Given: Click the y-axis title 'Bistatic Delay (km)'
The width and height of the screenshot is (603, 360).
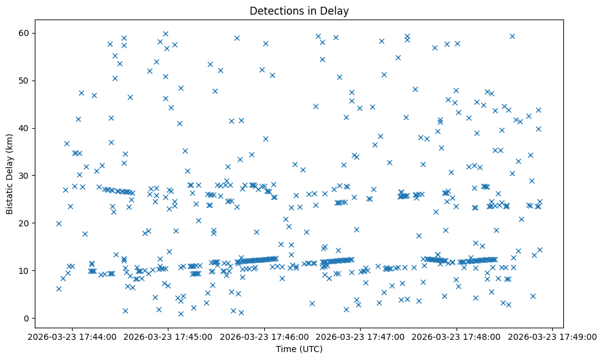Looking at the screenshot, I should coord(10,173).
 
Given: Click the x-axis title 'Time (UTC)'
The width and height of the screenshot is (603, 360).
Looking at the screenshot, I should coord(299,350).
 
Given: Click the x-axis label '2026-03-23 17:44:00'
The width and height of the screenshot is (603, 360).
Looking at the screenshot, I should coord(73,336).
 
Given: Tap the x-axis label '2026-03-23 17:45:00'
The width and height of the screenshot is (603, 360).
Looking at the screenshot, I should coord(168,336).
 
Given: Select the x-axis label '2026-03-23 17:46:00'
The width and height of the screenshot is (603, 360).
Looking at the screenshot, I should coord(265,336).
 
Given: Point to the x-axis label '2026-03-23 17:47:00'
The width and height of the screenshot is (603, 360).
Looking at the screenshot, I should coord(361,336).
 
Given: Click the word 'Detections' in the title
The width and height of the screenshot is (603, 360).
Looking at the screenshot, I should coord(281,10).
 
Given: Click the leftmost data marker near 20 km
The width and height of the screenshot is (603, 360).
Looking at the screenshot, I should coord(59,223).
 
